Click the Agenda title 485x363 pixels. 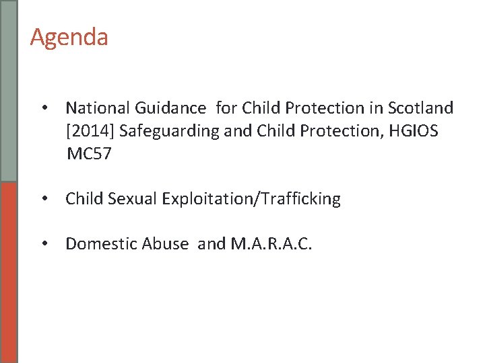(x=69, y=37)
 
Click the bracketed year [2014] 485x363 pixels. (x=90, y=131)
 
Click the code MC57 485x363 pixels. (x=89, y=155)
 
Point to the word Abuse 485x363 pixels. (x=166, y=243)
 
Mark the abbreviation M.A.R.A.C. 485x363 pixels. (x=271, y=243)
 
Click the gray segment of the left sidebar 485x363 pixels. (x=8, y=91)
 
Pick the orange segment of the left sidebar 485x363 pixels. (x=8, y=272)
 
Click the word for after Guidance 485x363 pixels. (x=228, y=108)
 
